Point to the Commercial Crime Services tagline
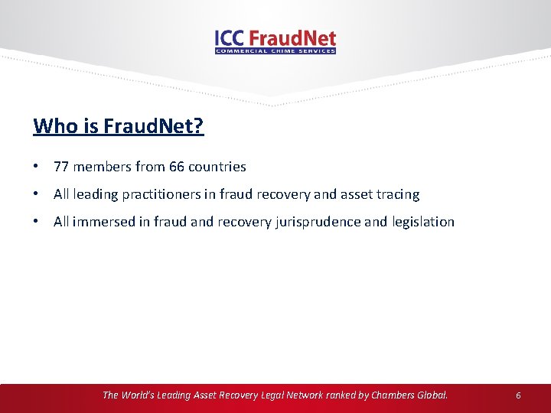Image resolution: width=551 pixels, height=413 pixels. click(x=275, y=51)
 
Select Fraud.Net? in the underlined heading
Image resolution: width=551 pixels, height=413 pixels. click(x=160, y=126)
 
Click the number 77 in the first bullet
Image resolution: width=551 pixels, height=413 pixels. click(x=61, y=167)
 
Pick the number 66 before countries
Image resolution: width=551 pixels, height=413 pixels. click(x=176, y=167)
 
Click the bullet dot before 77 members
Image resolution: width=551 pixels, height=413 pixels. click(x=37, y=167)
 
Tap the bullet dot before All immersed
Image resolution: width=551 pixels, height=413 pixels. click(x=37, y=222)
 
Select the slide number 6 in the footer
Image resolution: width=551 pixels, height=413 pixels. click(x=518, y=395)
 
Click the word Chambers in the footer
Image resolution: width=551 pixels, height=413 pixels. click(x=393, y=395)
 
